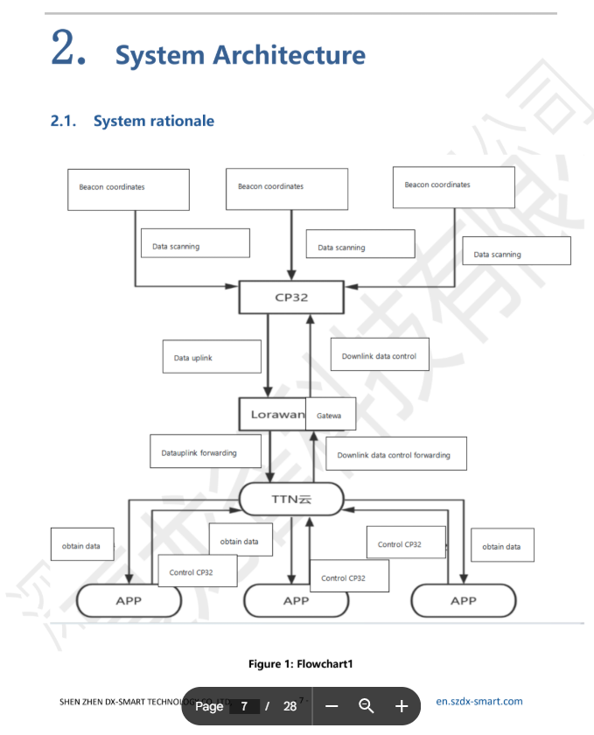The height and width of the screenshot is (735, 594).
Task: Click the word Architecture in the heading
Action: pos(289,55)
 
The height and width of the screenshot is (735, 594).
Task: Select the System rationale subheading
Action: pos(153,121)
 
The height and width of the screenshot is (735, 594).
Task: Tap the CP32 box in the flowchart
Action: pos(291,297)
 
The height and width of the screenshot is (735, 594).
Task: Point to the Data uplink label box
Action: pos(212,357)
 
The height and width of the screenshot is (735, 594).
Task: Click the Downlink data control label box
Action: pos(380,356)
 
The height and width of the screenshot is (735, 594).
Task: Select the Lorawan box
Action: pos(272,414)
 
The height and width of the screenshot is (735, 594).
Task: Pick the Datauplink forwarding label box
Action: pos(206,452)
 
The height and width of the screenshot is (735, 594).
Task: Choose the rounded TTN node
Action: pos(291,499)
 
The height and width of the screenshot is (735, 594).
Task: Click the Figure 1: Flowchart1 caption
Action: pos(300,664)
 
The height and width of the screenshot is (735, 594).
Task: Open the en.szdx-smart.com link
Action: pos(479,701)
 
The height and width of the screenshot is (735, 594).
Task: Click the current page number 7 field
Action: pos(245,706)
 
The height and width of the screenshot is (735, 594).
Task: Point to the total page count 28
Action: pos(290,706)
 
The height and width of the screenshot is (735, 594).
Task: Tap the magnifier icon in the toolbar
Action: pos(367,706)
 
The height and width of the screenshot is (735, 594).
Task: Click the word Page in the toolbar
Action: pos(209,706)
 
